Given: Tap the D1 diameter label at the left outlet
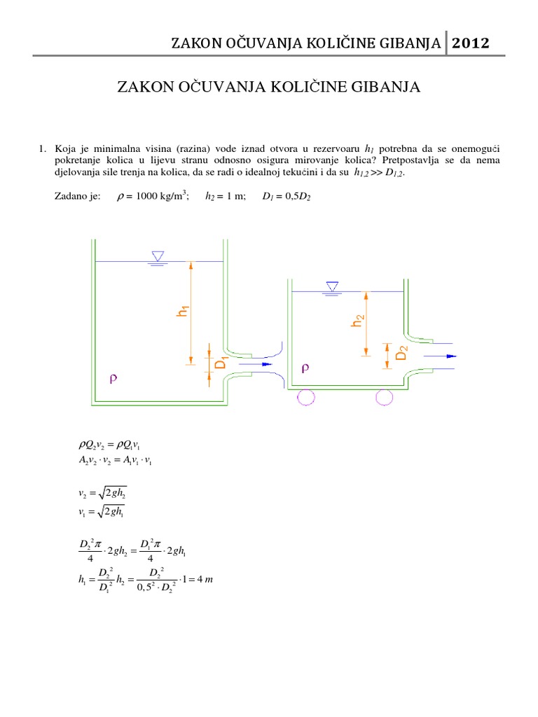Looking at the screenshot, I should (x=219, y=364).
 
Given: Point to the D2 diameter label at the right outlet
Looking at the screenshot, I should (x=401, y=351).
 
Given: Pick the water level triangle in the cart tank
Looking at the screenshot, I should (x=332, y=286).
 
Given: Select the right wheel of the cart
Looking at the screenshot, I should (x=384, y=396).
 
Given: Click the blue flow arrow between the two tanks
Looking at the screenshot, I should (x=255, y=364).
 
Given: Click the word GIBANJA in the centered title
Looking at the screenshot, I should (x=388, y=88).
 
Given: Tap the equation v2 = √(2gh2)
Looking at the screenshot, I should (x=103, y=494).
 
